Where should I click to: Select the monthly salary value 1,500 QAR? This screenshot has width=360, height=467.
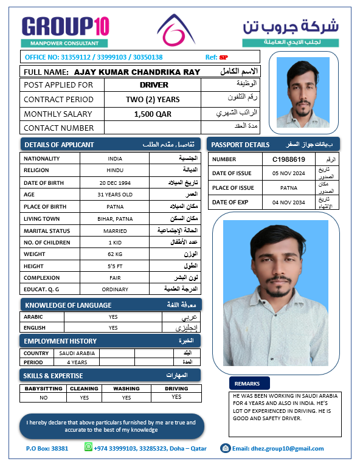(153, 114)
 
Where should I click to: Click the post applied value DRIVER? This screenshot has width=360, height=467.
(153, 85)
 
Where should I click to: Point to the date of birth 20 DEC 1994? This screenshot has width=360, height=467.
(114, 182)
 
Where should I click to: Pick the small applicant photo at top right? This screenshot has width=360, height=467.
(302, 92)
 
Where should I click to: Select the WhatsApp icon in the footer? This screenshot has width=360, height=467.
(89, 449)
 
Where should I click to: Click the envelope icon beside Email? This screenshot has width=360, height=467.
(225, 449)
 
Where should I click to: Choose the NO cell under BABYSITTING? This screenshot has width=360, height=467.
(43, 398)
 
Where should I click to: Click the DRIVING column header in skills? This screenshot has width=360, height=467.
(176, 389)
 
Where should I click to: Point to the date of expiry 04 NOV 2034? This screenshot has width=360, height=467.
(288, 202)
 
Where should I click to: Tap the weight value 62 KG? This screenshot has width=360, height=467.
(114, 254)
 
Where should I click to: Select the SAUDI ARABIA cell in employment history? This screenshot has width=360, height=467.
(77, 353)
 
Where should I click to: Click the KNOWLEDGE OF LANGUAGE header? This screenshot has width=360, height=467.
(68, 305)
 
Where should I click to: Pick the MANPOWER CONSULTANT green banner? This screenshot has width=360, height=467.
(64, 44)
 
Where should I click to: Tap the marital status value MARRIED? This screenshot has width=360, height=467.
(114, 230)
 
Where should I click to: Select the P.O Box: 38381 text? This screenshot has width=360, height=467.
(47, 449)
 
